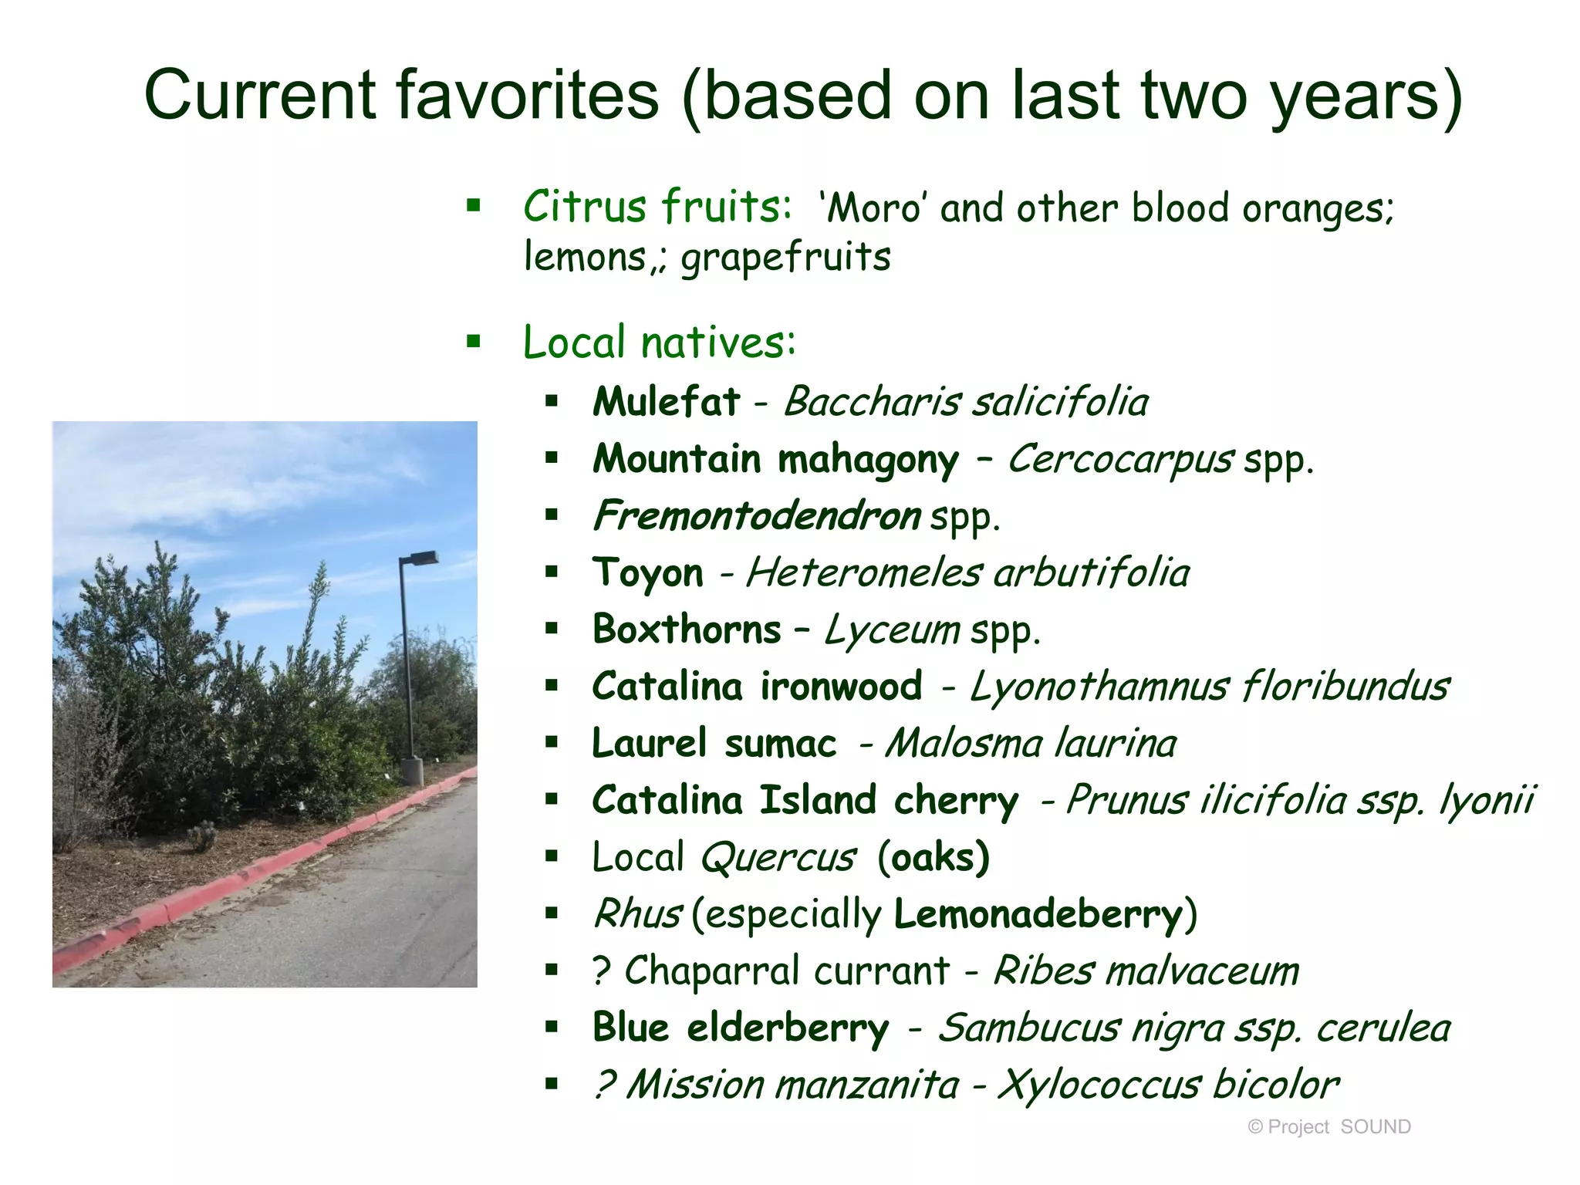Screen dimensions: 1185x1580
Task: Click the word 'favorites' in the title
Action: pos(528,96)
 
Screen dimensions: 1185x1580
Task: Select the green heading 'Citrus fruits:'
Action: pos(657,207)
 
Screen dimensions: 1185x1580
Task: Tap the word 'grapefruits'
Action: pos(785,258)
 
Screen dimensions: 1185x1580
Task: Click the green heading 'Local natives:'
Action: pos(659,342)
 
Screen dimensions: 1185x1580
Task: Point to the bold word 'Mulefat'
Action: pos(666,401)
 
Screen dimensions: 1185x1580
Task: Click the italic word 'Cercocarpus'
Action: pos(1120,460)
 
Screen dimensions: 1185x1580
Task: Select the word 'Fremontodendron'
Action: pos(757,515)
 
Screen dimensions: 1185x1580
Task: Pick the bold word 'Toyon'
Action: pos(648,573)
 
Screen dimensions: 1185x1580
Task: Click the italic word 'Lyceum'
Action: pos(892,630)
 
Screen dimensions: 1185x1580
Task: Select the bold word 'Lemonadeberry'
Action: pos(1038,914)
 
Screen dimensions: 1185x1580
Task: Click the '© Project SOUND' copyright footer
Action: pos(1328,1127)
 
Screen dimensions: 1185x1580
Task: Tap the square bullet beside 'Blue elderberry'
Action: pos(551,1027)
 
